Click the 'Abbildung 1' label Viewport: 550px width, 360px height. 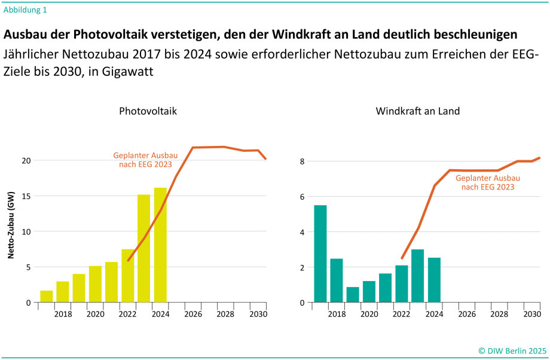[x=26, y=10]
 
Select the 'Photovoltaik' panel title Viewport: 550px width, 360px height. [x=148, y=111]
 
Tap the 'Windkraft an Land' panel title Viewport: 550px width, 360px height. [x=417, y=111]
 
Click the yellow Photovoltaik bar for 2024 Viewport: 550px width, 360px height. [x=160, y=245]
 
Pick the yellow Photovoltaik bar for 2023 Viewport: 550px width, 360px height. [x=143, y=248]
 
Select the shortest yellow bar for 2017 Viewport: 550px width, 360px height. [x=46, y=297]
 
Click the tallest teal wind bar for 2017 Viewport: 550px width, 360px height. [x=320, y=254]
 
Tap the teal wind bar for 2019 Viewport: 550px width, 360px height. [x=353, y=295]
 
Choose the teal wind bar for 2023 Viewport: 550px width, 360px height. [x=418, y=276]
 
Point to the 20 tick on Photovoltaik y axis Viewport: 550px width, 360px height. [x=25, y=161]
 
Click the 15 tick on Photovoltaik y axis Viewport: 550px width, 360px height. [x=25, y=196]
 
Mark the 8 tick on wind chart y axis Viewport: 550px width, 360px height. [x=302, y=161]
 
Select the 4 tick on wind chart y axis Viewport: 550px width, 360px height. [x=302, y=232]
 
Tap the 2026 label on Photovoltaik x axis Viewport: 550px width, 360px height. [x=192, y=314]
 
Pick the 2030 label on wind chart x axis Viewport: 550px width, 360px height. [x=532, y=314]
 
